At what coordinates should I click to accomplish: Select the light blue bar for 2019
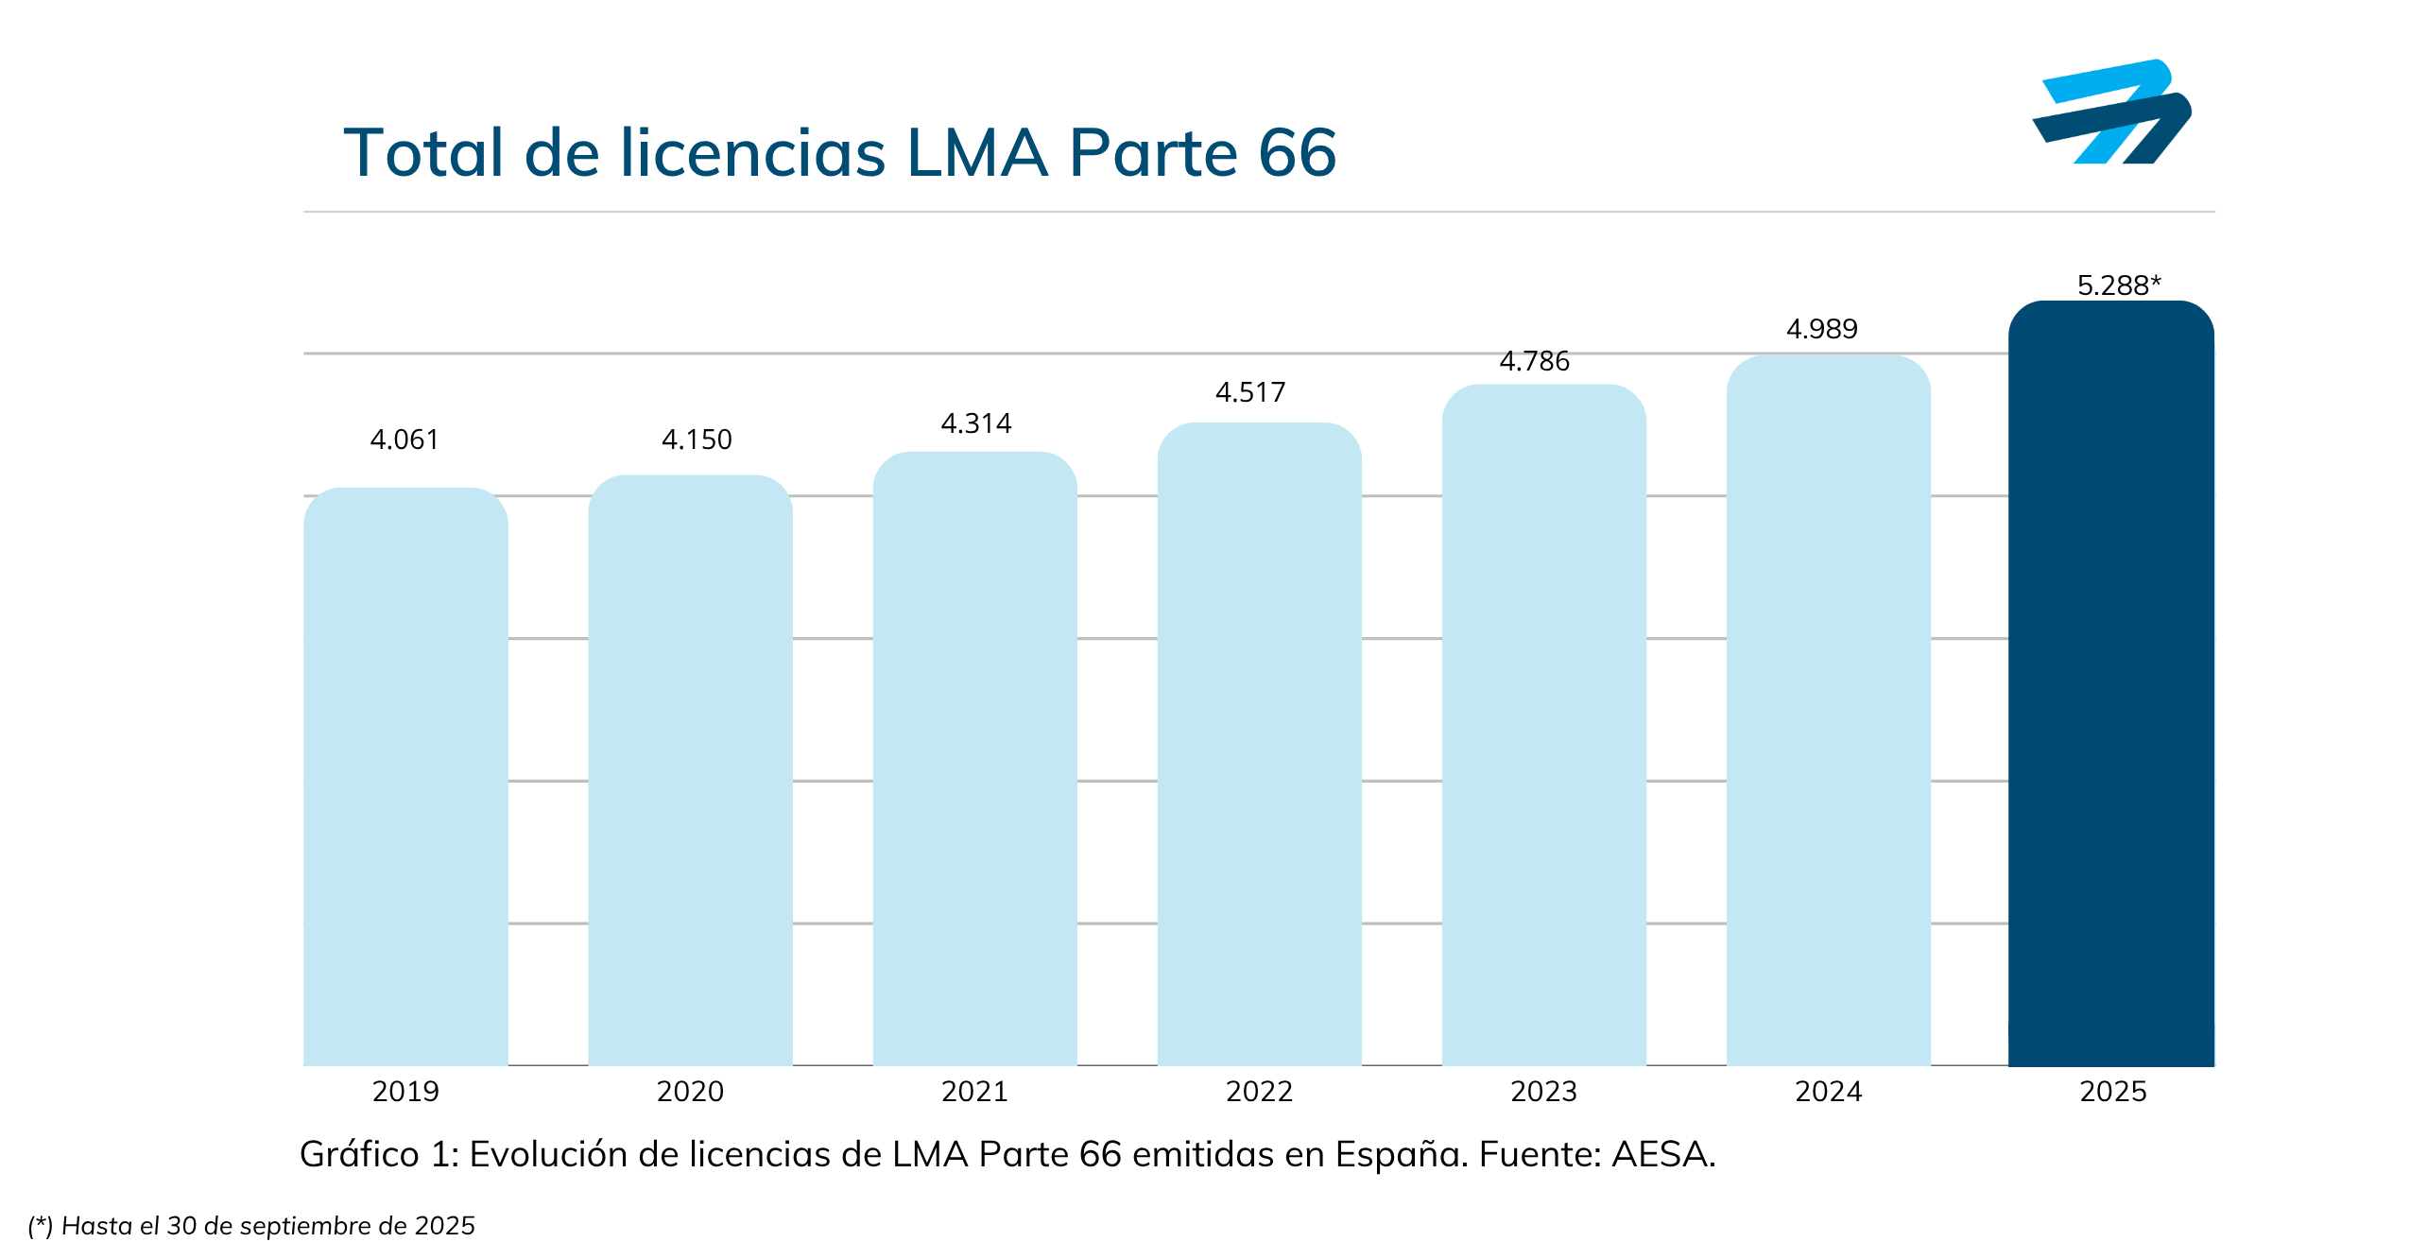(x=405, y=776)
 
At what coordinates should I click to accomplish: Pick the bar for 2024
(x=1828, y=710)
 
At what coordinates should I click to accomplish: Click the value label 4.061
(x=405, y=440)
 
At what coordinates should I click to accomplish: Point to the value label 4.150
(x=697, y=440)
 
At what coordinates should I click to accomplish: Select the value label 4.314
(x=976, y=423)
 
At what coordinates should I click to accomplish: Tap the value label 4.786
(x=1534, y=361)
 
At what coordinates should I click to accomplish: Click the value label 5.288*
(x=2119, y=285)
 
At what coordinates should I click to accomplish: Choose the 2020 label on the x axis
(x=690, y=1092)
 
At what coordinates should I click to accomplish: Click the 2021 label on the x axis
(x=974, y=1092)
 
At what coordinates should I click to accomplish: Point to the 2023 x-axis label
(x=1543, y=1092)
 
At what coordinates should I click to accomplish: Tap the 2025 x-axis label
(x=2113, y=1092)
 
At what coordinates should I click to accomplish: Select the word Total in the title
(x=422, y=153)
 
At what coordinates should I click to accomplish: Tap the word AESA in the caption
(x=1662, y=1154)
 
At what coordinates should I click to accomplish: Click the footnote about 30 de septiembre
(x=251, y=1226)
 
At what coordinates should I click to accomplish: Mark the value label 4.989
(x=1821, y=329)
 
